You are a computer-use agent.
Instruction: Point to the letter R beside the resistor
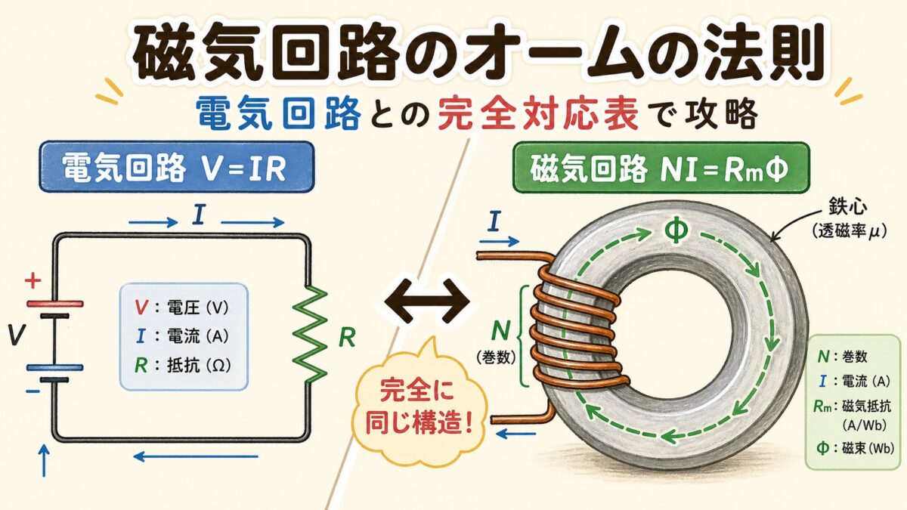(346, 338)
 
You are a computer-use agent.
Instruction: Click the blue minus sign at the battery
(33, 392)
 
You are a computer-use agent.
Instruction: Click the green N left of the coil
(500, 329)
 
